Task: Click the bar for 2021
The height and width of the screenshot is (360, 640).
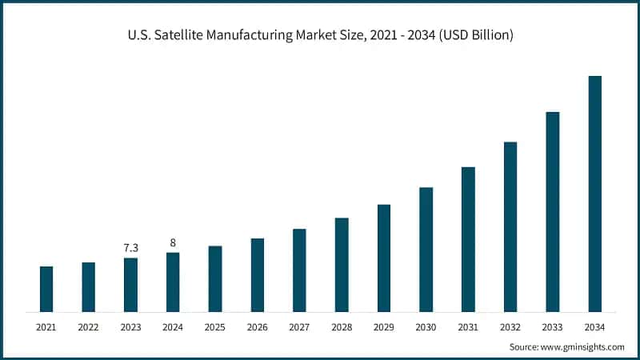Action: click(46, 289)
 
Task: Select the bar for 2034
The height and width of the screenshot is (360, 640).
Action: click(594, 194)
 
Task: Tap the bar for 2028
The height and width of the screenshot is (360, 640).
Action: click(342, 265)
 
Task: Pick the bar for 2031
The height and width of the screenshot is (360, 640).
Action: click(468, 239)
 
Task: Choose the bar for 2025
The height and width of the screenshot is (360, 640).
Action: click(215, 278)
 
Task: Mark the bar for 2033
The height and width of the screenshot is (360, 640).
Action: click(552, 211)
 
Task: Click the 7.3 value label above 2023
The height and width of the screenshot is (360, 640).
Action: click(130, 248)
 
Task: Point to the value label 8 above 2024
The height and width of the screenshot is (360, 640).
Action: click(173, 242)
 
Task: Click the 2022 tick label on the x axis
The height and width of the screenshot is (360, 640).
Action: click(88, 327)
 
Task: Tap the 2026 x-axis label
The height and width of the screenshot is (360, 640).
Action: click(257, 327)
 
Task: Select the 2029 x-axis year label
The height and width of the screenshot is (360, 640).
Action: click(383, 327)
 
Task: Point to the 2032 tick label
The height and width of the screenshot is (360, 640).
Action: click(510, 327)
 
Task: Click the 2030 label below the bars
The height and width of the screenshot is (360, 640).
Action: click(426, 327)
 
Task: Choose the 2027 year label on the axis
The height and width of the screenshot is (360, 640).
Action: click(299, 327)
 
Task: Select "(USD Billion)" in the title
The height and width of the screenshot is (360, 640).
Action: click(473, 35)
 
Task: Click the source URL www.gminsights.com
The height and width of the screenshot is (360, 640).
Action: click(583, 347)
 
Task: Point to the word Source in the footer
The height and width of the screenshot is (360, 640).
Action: click(525, 347)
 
